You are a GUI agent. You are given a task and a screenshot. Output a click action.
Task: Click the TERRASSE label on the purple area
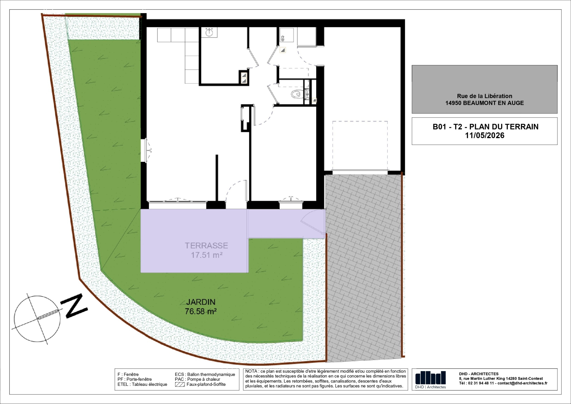(206, 246)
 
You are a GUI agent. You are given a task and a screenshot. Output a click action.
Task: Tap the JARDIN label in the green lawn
(201, 302)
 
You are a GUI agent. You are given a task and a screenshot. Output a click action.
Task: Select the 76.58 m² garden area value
(201, 311)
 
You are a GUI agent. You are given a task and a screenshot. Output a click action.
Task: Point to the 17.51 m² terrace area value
(207, 255)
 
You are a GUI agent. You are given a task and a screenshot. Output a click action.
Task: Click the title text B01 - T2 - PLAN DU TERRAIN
(485, 127)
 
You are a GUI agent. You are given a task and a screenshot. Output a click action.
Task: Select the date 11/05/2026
(485, 135)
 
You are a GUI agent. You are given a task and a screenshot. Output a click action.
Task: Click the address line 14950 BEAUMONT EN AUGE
(485, 103)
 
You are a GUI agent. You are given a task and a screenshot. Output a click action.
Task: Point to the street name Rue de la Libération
(485, 96)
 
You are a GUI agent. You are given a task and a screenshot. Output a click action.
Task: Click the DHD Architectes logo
(430, 379)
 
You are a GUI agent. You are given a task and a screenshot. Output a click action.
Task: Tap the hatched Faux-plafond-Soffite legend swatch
(180, 384)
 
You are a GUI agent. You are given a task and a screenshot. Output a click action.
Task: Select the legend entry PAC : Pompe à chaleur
(197, 379)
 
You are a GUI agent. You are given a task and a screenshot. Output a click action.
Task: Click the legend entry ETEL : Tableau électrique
(142, 384)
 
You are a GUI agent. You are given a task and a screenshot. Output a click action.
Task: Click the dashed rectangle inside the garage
(360, 145)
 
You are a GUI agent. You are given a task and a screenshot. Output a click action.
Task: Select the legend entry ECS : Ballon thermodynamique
(205, 374)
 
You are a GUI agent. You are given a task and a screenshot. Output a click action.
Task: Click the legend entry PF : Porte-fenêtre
(135, 379)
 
